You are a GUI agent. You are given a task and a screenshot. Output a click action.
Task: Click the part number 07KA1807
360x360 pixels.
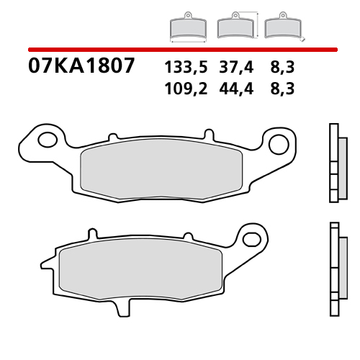point(81,67)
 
